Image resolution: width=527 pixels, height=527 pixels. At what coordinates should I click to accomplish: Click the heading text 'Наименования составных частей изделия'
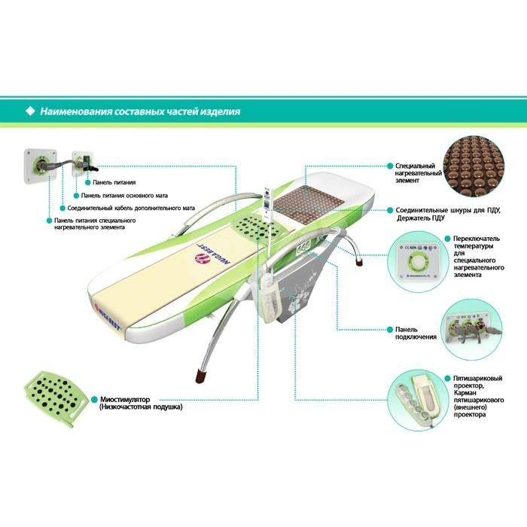[x=140, y=111]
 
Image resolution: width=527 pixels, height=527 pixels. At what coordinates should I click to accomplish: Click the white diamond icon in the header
[x=30, y=111]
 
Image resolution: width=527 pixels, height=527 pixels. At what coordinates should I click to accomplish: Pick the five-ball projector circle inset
[x=418, y=398]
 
